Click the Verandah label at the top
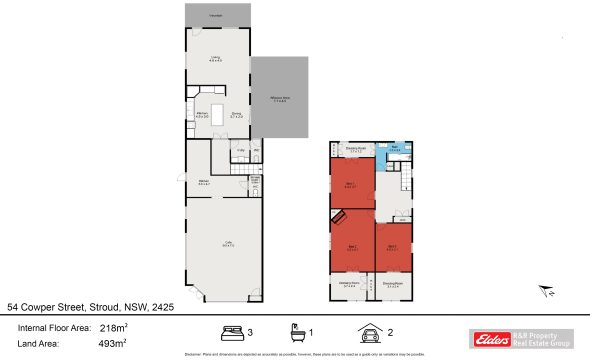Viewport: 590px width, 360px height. (x=216, y=17)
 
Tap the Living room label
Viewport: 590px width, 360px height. (x=216, y=59)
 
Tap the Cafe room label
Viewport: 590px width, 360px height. (x=226, y=243)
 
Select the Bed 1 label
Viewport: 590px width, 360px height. (x=351, y=184)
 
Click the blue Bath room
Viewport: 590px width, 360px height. (x=396, y=149)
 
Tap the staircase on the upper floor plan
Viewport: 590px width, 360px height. (x=407, y=183)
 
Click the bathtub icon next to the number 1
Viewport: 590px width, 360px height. (x=297, y=333)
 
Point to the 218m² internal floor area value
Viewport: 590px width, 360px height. (x=113, y=327)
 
